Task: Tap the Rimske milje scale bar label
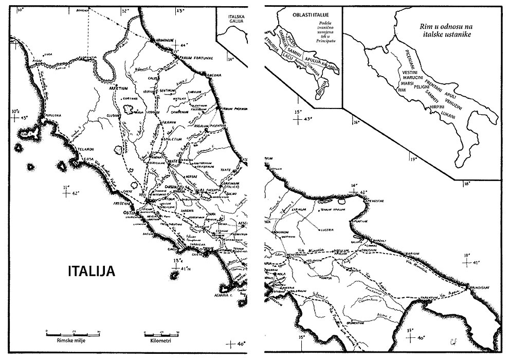click(64, 340)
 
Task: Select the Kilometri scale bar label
click(156, 340)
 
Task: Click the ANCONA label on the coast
click(213, 76)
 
